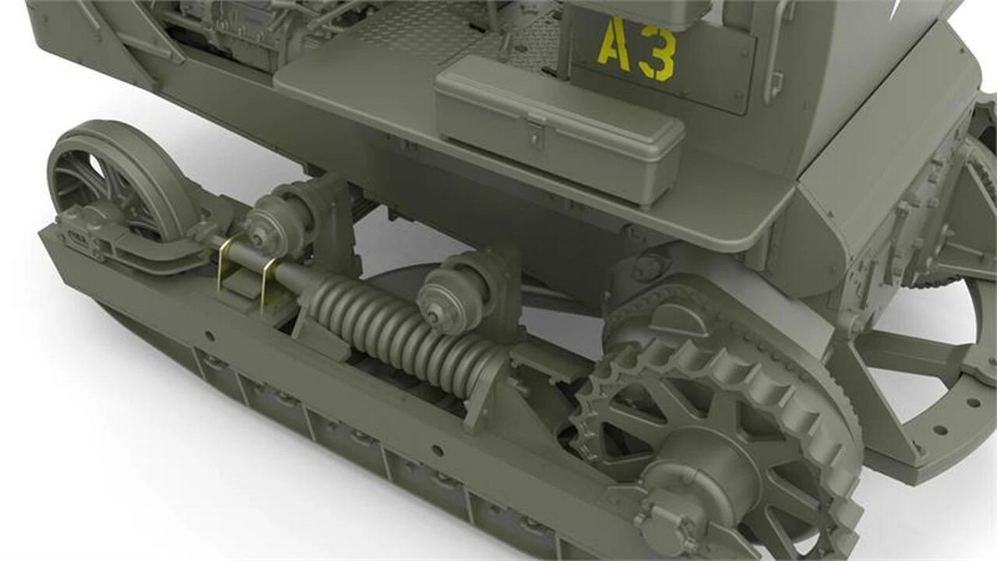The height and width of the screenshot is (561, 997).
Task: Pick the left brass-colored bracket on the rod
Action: click(227, 263)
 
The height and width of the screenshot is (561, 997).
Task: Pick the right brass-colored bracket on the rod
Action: click(270, 285)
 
